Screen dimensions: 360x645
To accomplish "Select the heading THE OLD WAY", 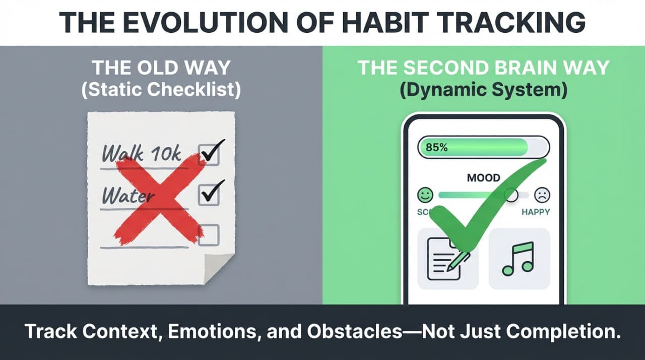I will pos(161,68).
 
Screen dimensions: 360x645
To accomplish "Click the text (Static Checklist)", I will pos(161,90).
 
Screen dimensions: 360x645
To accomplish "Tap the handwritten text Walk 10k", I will pos(142,152).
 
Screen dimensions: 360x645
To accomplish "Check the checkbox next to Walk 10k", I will pos(209,154).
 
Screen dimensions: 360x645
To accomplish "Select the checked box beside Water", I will pos(209,194).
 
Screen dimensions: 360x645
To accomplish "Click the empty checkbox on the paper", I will pos(209,234).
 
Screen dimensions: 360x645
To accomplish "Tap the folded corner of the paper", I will pos(220,268).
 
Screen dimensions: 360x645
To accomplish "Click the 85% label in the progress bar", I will pos(436,148).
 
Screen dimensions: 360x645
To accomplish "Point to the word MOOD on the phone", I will pos(483,177).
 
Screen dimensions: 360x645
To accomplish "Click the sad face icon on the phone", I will pos(542,195).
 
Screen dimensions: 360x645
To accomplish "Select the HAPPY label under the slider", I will pos(536,212).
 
